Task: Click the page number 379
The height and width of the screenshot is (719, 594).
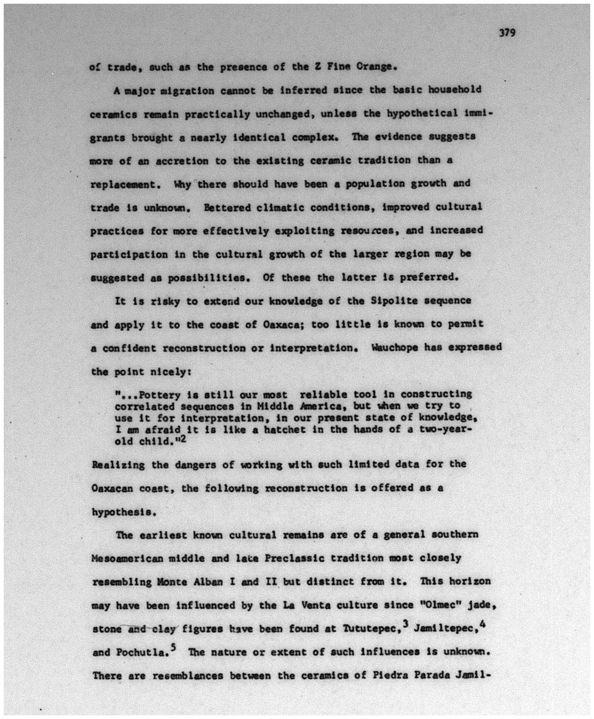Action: [506, 33]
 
